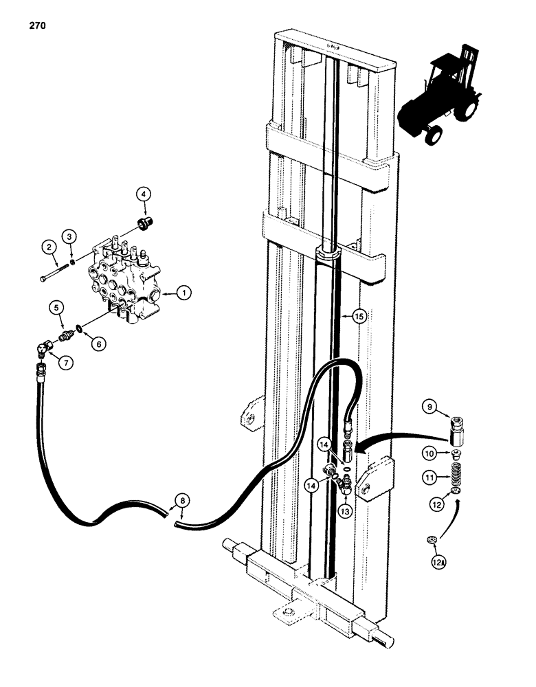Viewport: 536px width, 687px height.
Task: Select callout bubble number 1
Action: pyautogui.click(x=183, y=293)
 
